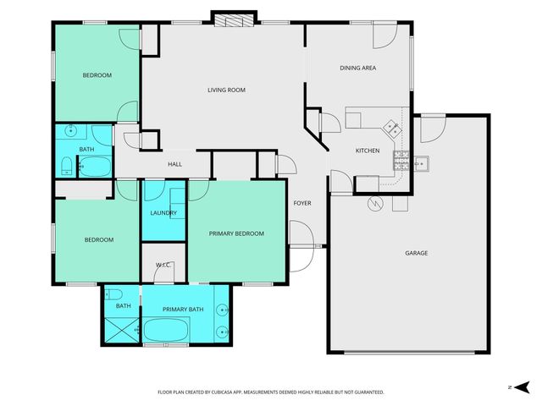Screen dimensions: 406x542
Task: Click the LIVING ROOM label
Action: pos(226,90)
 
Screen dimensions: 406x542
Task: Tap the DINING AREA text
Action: pos(357,68)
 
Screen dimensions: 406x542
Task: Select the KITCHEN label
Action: pos(367,151)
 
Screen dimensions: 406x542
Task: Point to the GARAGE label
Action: pos(416,253)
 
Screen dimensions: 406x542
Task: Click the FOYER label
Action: pos(302,204)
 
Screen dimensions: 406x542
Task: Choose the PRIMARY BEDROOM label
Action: pos(237,233)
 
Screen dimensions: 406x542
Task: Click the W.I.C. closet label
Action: pos(163,266)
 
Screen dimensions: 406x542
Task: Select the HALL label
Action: pos(174,164)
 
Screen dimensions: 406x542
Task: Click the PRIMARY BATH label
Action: pos(183,310)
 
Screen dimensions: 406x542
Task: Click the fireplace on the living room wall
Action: pos(232,20)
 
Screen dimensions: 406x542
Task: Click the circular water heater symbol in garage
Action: pos(374,204)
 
